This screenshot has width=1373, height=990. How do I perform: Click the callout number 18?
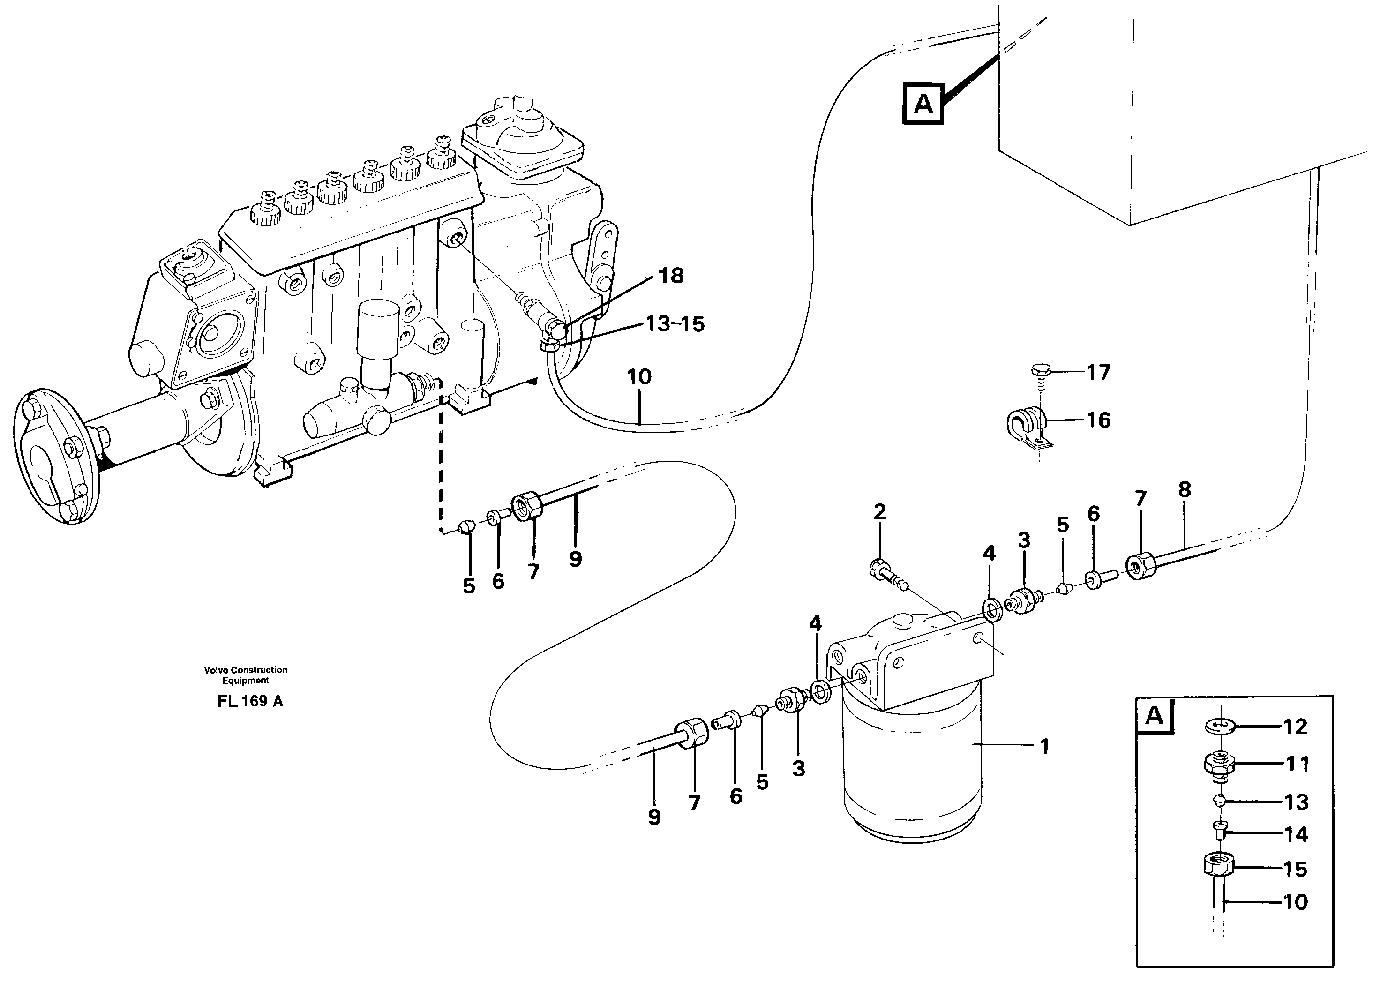(670, 276)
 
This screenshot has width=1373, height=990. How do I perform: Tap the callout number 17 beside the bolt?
(1098, 372)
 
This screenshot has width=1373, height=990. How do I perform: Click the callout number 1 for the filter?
(1044, 747)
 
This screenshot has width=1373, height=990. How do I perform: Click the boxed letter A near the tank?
(923, 104)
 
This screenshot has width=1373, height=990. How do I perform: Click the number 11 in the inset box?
(1297, 764)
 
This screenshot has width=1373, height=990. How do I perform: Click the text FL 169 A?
(250, 702)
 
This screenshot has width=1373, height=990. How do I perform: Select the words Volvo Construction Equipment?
(245, 675)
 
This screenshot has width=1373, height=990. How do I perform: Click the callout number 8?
(1185, 489)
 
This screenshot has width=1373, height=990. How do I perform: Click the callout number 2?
(879, 512)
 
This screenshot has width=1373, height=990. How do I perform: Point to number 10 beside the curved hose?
(639, 377)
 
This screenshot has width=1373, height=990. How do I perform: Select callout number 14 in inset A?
(1296, 834)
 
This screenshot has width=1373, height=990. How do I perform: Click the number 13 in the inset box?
(1296, 802)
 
